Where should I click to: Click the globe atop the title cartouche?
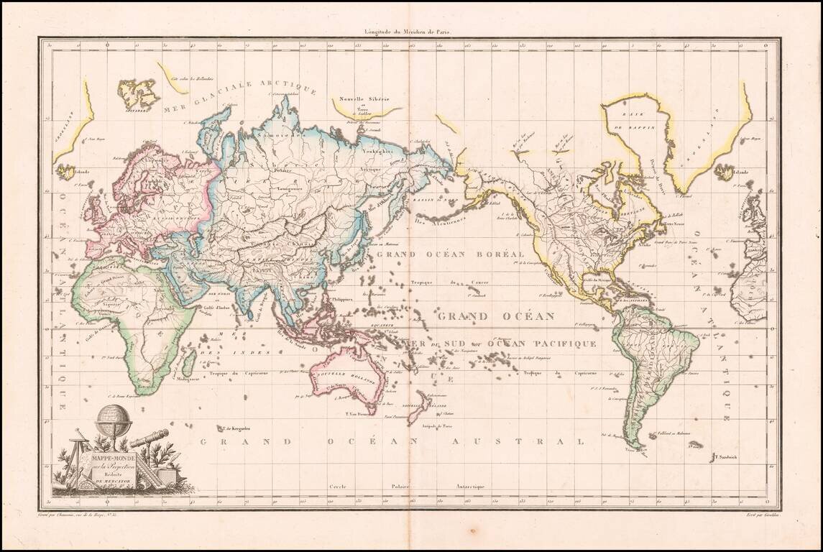pos(114,420)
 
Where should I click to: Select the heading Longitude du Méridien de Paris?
pos(411,32)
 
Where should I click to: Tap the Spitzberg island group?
pos(137,93)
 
